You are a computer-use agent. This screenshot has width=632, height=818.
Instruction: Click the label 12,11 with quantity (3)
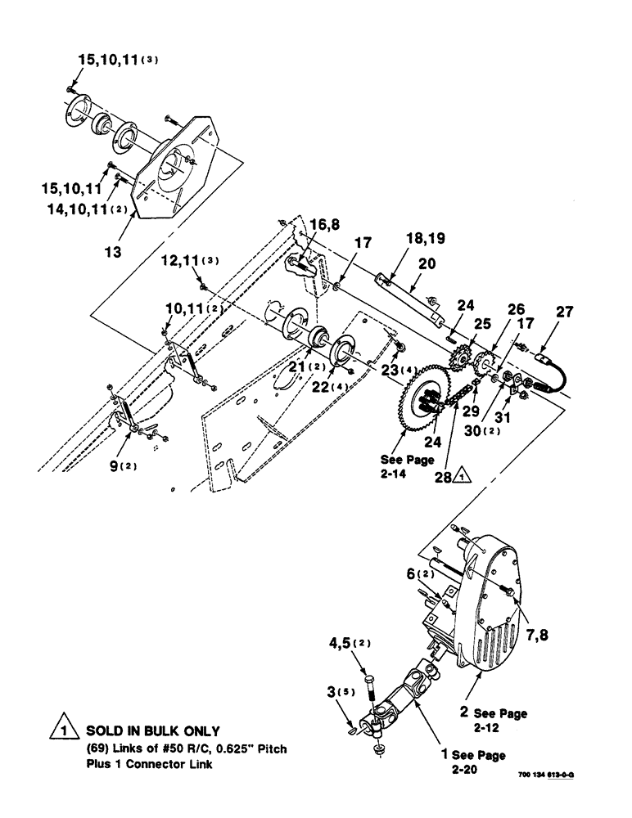click(189, 261)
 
